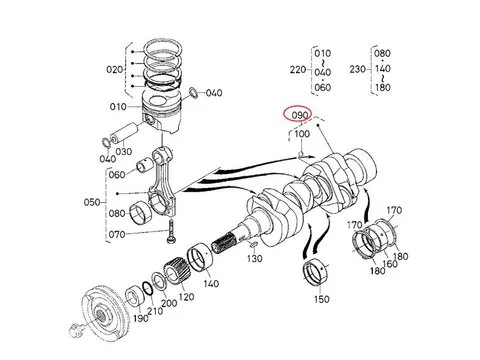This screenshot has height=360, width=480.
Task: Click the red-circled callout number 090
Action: click(300, 115)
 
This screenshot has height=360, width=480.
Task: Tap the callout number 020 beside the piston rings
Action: click(115, 69)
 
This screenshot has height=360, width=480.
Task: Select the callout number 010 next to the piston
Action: click(118, 107)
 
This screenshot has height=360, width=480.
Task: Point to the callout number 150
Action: click(322, 299)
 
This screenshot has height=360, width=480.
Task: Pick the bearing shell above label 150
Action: click(316, 271)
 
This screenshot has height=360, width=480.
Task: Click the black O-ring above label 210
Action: click(148, 289)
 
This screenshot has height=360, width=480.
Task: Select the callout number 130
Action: click(255, 258)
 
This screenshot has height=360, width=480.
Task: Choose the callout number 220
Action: click(298, 70)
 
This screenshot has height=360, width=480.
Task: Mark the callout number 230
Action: click(358, 69)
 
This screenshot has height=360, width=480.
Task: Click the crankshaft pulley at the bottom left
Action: click(103, 312)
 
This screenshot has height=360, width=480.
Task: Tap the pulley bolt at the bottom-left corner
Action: click(75, 330)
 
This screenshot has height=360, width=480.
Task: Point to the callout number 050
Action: click(92, 202)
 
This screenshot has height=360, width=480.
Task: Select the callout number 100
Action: click(302, 134)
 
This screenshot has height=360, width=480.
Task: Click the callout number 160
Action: click(390, 264)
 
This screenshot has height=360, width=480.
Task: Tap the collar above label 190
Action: click(135, 295)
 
